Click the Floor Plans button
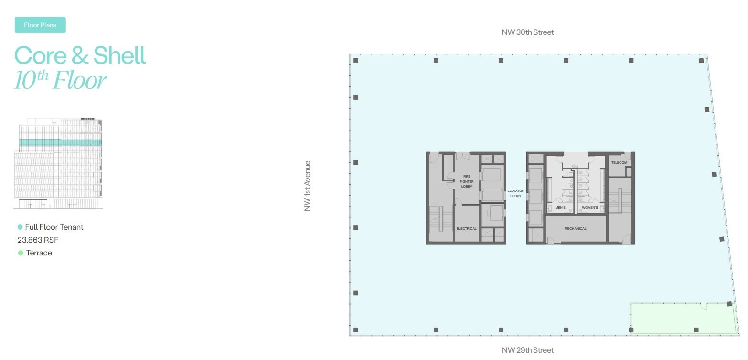point(40,25)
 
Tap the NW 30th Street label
point(527,32)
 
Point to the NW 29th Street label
point(527,350)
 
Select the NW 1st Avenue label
point(308,186)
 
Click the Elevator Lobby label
point(516,193)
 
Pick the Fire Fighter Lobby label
point(466,181)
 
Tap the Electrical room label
point(466,229)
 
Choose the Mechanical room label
point(575,229)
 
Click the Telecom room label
point(619,163)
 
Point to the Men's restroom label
point(560,208)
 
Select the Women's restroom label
point(590,208)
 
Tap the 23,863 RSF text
point(38,240)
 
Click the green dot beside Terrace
point(21,253)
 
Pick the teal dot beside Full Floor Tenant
point(20,227)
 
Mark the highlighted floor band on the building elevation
point(60,142)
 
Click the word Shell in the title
point(119,55)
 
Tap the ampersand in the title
point(80,56)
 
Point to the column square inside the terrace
point(696,330)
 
